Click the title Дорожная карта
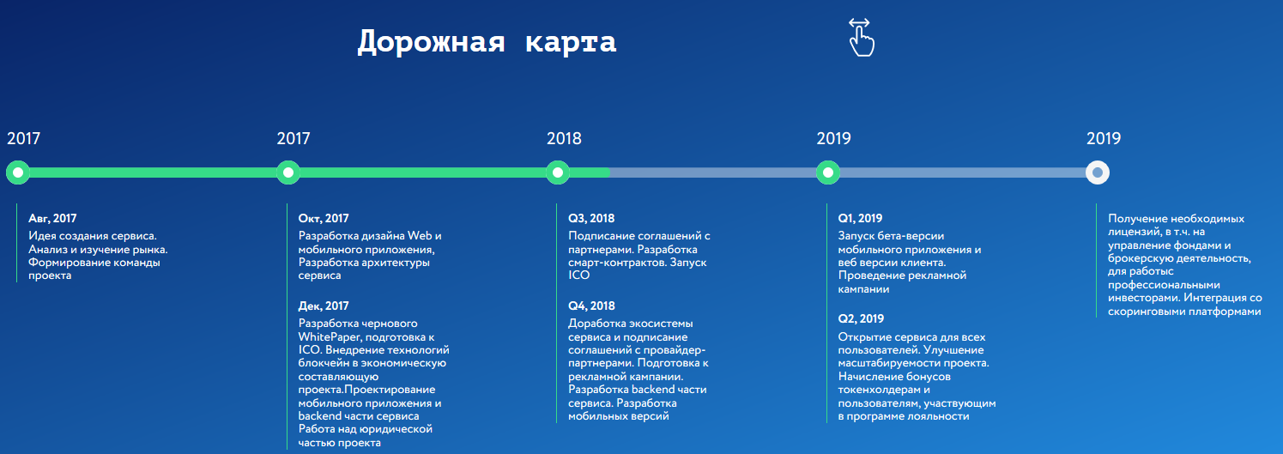coord(487,42)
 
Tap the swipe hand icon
coord(862,38)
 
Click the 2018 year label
coord(564,138)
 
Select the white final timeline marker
coord(1098,173)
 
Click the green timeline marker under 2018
coord(558,173)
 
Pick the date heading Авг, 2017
coord(52,219)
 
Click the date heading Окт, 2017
coord(324,219)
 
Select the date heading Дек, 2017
coord(324,306)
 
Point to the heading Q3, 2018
coord(591,219)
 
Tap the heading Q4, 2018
coord(591,306)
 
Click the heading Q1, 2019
coord(860,219)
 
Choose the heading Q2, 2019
coord(861,319)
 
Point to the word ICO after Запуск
coord(579,275)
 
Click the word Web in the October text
coord(420,236)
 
